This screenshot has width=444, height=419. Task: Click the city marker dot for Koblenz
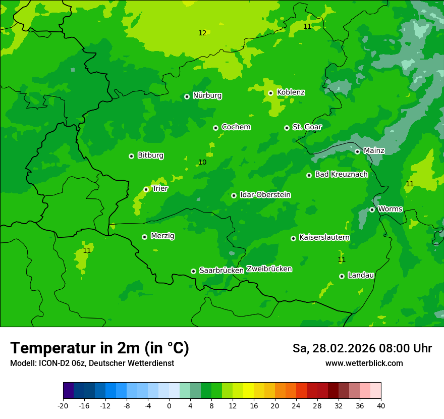[x=270, y=93]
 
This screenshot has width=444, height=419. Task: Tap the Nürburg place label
[x=207, y=95]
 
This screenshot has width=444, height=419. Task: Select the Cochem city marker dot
[x=215, y=128]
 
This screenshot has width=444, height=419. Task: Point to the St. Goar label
[x=307, y=127]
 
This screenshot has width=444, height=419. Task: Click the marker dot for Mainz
[x=357, y=151]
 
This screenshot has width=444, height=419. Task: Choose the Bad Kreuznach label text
[x=341, y=174]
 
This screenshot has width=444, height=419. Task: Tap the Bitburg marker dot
[x=131, y=156]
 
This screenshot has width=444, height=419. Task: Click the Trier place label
[x=160, y=188]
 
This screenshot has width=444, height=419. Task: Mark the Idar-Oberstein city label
[x=265, y=194]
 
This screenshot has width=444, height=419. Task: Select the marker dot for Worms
[x=372, y=210]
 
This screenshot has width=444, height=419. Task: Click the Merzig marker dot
[x=144, y=237]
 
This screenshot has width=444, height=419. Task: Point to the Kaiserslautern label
[x=324, y=237]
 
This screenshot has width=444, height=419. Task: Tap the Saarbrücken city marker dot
[x=193, y=271]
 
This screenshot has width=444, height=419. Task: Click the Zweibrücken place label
[x=269, y=269]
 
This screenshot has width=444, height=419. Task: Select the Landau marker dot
[x=342, y=276]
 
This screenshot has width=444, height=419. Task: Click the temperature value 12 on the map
[x=202, y=33]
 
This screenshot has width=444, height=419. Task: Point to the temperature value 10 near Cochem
[x=202, y=162]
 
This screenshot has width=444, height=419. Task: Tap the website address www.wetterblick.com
[x=364, y=363]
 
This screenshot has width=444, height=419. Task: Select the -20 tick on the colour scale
[x=63, y=405]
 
